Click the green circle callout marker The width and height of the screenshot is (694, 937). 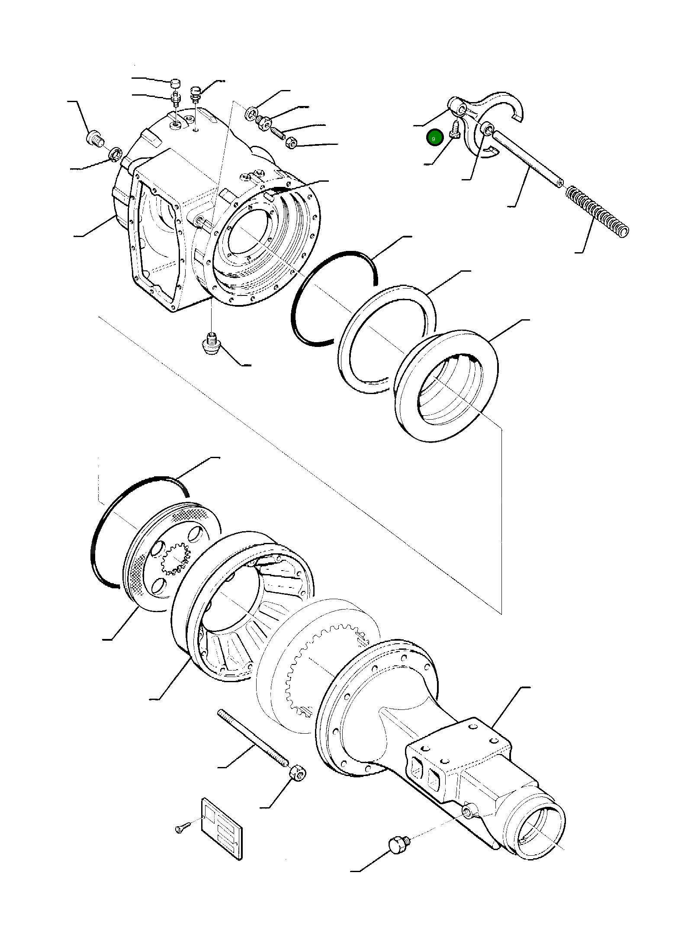pos(434,138)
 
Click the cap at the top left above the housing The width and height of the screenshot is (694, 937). pos(175,83)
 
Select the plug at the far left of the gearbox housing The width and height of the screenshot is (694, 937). pos(95,139)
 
